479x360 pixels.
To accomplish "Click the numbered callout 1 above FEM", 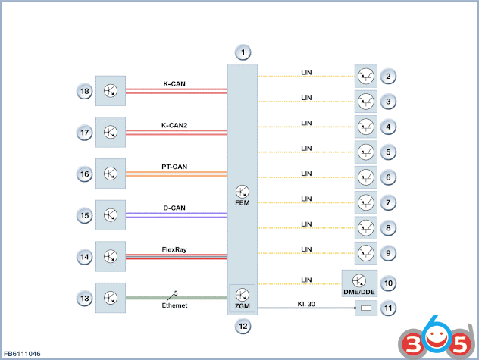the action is pyautogui.click(x=243, y=52).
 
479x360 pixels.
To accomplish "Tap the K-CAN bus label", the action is pyautogui.click(x=174, y=83).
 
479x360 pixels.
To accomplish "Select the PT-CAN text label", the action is pyautogui.click(x=174, y=167).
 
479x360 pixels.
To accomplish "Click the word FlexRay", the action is pyautogui.click(x=174, y=249).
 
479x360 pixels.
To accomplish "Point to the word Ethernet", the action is pyautogui.click(x=174, y=305).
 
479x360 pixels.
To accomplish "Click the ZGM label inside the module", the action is pyautogui.click(x=243, y=306).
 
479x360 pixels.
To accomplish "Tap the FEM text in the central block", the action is pyautogui.click(x=243, y=203).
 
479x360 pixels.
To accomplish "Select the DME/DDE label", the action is pyautogui.click(x=359, y=292).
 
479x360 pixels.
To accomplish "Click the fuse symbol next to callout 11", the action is pyautogui.click(x=365, y=308).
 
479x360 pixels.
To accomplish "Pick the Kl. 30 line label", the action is pyautogui.click(x=306, y=304).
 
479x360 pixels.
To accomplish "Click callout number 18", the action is pyautogui.click(x=85, y=91).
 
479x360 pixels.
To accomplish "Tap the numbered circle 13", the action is pyautogui.click(x=85, y=299).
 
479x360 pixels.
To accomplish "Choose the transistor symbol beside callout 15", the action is pyautogui.click(x=111, y=214).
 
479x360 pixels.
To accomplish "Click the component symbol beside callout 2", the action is pyautogui.click(x=365, y=76).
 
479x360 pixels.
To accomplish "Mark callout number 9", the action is pyautogui.click(x=388, y=253).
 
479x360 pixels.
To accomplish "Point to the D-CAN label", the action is pyautogui.click(x=174, y=208).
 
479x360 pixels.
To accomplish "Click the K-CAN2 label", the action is pyautogui.click(x=174, y=125).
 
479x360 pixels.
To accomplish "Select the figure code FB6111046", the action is pyautogui.click(x=22, y=354).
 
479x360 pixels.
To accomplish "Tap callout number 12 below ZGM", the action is pyautogui.click(x=243, y=327).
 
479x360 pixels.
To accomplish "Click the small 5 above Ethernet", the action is pyautogui.click(x=176, y=293).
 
